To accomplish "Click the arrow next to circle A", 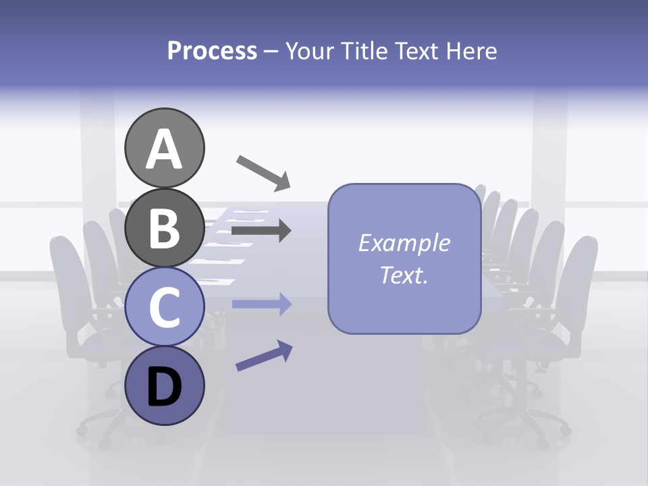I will coord(263,171).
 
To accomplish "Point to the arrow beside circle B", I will coord(261,231).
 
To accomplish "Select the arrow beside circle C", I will coord(261,304).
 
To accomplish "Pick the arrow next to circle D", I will coord(264,356).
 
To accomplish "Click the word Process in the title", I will coord(212,51).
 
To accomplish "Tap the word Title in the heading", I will coord(362,51).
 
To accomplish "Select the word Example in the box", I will coord(404,243).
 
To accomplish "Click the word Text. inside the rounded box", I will coord(404,275).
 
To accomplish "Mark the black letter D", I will coord(165,388).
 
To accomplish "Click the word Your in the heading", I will coord(310,51).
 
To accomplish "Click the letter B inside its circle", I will coord(165,228).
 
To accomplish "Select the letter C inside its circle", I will coord(165,308).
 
